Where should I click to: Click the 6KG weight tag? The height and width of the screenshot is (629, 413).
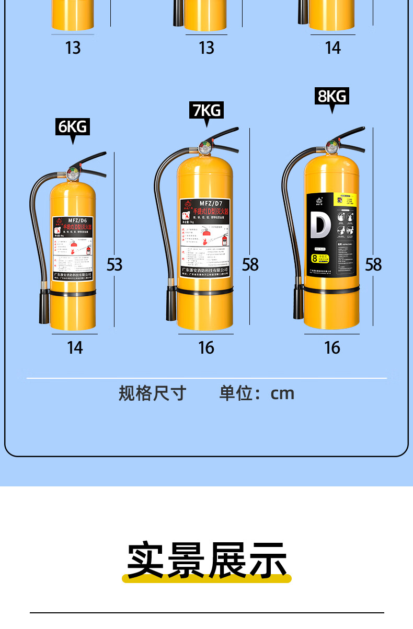click(73, 127)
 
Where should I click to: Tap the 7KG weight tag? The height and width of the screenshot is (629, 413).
click(206, 110)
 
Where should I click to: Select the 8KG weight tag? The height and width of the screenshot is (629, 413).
click(332, 96)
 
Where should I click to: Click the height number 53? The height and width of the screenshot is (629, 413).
click(114, 264)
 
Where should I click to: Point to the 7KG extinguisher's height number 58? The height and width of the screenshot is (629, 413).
click(250, 264)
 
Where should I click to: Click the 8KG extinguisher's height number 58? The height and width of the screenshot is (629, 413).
click(373, 264)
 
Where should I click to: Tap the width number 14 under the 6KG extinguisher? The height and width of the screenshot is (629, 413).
click(75, 347)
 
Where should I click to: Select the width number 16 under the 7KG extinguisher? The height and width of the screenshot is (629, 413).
click(206, 347)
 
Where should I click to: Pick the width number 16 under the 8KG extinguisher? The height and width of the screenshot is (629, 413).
click(332, 347)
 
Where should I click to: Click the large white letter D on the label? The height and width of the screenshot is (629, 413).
click(320, 223)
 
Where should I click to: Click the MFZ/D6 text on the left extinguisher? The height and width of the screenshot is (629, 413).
click(73, 220)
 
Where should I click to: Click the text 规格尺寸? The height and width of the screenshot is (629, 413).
click(152, 393)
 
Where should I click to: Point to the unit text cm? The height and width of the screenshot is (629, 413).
click(282, 393)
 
